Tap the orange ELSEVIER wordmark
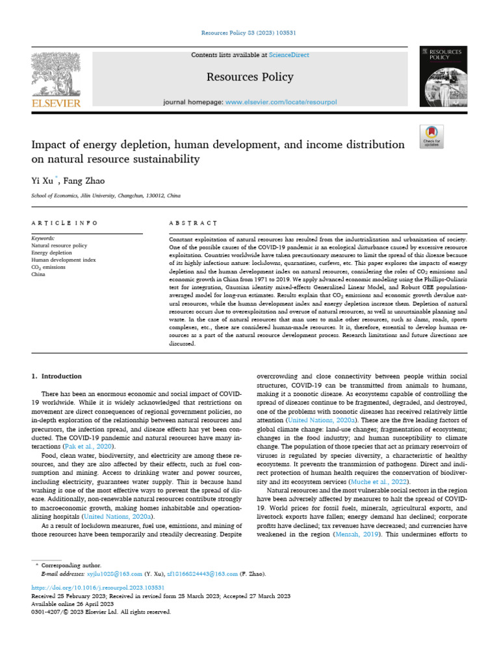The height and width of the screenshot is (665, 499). [57, 103]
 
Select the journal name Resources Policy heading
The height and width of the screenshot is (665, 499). [249, 77]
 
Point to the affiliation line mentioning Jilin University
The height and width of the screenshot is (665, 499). [107, 195]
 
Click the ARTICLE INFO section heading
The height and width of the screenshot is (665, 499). [64, 223]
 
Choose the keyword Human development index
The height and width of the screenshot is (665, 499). [63, 260]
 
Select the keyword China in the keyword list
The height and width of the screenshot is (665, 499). [38, 274]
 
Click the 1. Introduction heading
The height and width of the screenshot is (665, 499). [57, 376]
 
